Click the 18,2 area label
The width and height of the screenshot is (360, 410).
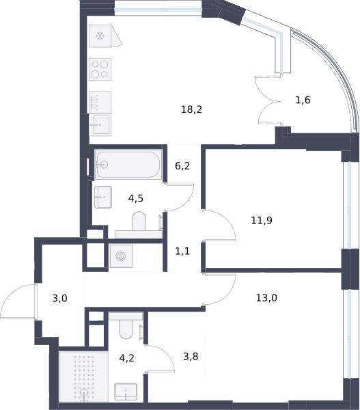[191, 109]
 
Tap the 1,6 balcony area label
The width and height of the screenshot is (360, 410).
[303, 100]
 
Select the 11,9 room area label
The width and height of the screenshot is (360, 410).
[262, 221]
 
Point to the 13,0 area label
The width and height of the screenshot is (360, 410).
[266, 297]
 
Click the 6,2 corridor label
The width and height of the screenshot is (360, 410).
[182, 166]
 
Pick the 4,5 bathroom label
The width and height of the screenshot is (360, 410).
[136, 198]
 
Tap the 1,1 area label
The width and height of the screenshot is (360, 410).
[182, 251]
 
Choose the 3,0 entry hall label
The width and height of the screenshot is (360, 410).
[59, 298]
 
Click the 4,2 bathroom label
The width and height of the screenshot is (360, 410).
[126, 357]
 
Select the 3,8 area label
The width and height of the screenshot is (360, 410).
[191, 357]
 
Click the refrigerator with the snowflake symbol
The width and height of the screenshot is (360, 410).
[105, 36]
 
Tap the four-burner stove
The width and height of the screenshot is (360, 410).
[100, 69]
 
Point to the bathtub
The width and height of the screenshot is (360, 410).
[128, 164]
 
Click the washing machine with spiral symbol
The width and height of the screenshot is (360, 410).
[121, 256]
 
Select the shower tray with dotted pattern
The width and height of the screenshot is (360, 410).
[83, 377]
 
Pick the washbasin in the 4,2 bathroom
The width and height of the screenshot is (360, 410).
[126, 392]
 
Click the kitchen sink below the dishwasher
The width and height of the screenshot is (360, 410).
[100, 125]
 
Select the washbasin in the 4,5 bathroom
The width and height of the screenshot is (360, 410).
[103, 197]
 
